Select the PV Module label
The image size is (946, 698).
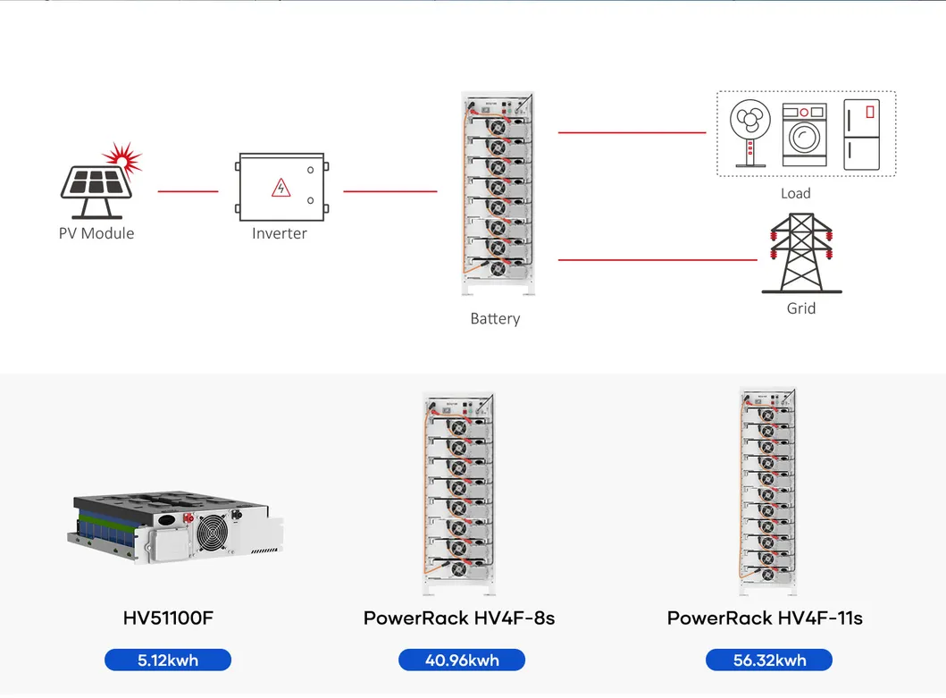pyautogui.click(x=96, y=233)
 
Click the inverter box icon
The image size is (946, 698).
pyautogui.click(x=281, y=187)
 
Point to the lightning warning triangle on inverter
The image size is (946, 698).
pyautogui.click(x=281, y=188)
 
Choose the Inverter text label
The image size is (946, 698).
pyautogui.click(x=280, y=233)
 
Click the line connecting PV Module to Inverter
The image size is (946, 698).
pyautogui.click(x=188, y=191)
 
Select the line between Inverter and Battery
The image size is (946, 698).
pyautogui.click(x=390, y=191)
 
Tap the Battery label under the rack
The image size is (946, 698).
pyautogui.click(x=495, y=319)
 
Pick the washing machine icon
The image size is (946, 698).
pyautogui.click(x=804, y=135)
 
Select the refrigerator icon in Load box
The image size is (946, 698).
pyautogui.click(x=861, y=135)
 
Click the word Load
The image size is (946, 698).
pyautogui.click(x=795, y=193)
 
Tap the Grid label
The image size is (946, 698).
pyautogui.click(x=801, y=308)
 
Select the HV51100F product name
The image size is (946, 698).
pyautogui.click(x=168, y=618)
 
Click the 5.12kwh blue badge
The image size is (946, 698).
pyautogui.click(x=168, y=660)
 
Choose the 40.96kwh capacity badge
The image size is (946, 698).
pyautogui.click(x=462, y=660)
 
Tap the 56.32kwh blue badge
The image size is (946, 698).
pyautogui.click(x=768, y=660)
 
